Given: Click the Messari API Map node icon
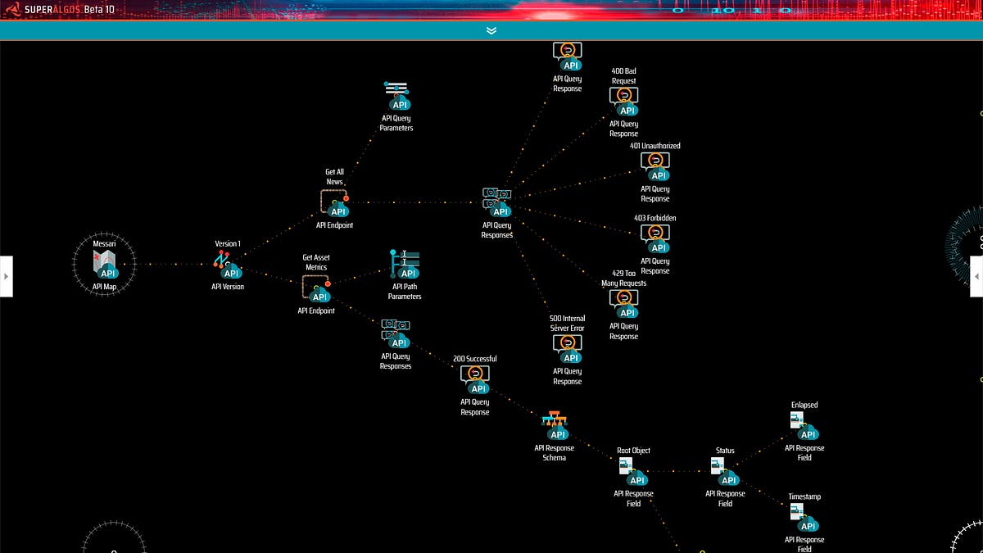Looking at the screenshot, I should point(105,265).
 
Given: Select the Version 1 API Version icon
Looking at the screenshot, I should point(228,265).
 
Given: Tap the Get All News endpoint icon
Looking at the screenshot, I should point(334,202).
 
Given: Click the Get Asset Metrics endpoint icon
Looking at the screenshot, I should point(316,288).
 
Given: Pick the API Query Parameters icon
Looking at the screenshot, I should point(396,96).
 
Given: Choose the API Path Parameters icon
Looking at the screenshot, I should point(405,265).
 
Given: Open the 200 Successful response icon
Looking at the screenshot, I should point(475,379).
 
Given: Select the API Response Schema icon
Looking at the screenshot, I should point(555,425).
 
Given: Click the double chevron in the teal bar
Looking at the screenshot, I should point(491,30).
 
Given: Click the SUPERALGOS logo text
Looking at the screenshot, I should point(45,10).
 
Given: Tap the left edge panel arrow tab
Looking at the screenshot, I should point(6,276).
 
